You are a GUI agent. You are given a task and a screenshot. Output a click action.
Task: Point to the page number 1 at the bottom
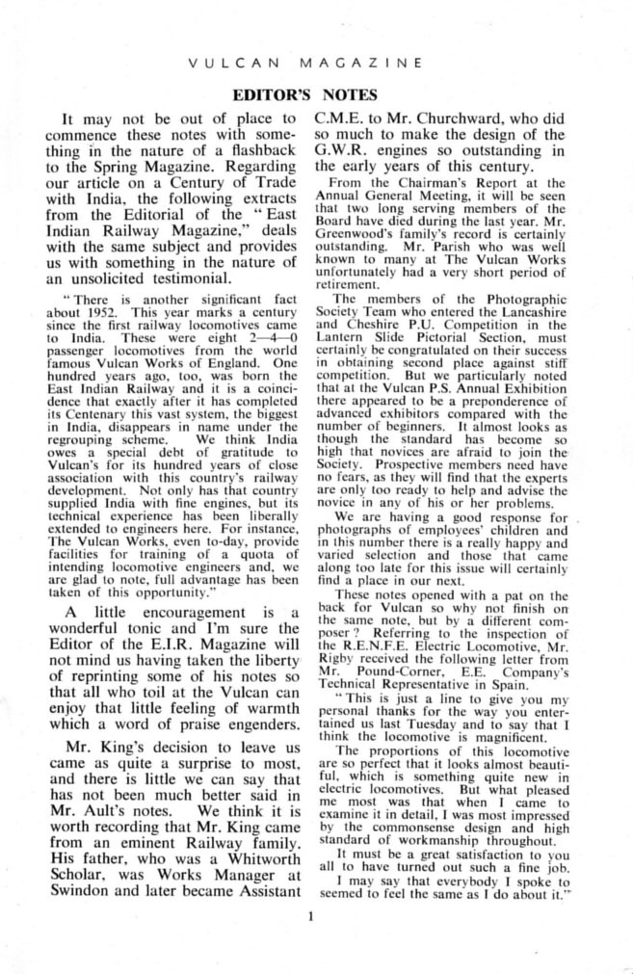(314, 915)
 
